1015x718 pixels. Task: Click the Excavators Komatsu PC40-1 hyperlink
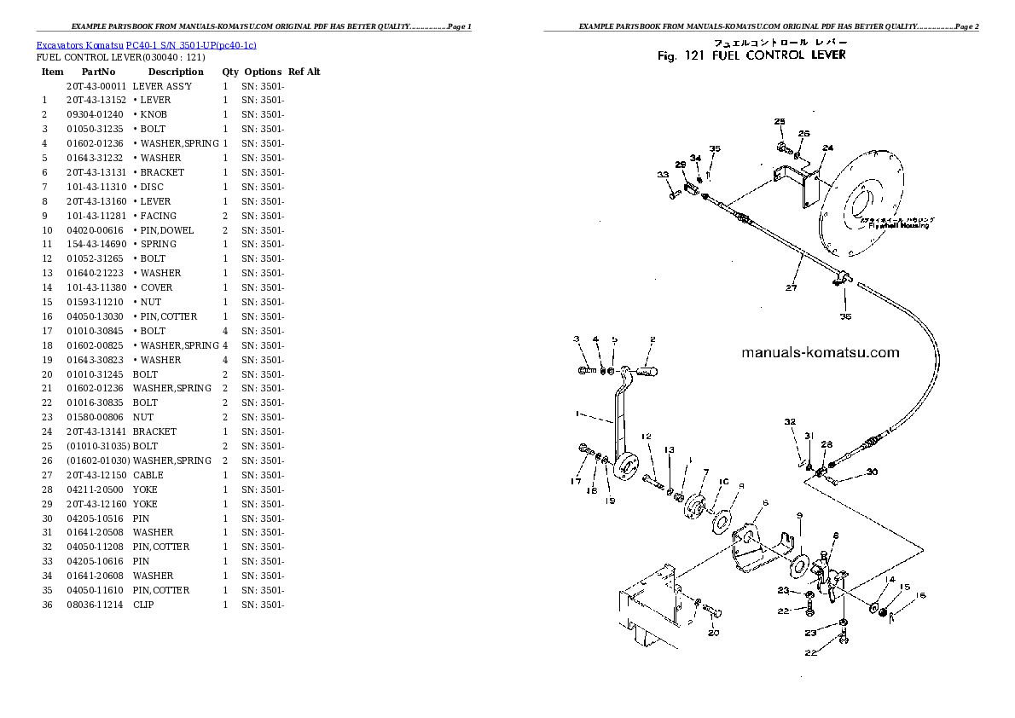pos(146,44)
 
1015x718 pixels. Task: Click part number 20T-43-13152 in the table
pos(96,100)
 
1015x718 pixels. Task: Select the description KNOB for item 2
pos(154,114)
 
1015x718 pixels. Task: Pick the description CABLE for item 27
pos(148,475)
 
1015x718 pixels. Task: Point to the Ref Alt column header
pos(304,72)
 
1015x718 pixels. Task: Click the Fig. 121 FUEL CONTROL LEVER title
pos(751,55)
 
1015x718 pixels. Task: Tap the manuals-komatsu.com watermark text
pos(820,352)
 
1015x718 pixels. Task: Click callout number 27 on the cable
pos(791,287)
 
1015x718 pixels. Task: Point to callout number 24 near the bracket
pos(826,148)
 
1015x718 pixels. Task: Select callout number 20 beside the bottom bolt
pos(713,632)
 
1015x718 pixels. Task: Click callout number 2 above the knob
pos(652,339)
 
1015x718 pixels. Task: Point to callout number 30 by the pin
pos(871,472)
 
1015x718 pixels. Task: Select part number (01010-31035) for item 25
pos(97,446)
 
